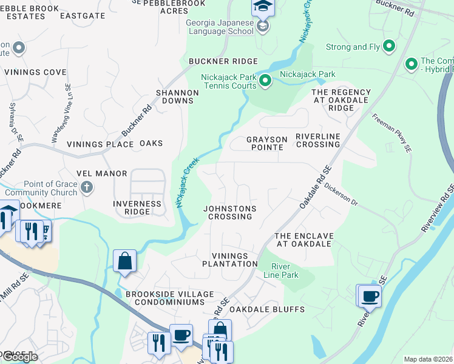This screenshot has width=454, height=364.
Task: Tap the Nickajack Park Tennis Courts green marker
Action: [x=265, y=80]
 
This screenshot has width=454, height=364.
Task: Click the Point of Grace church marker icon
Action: [x=87, y=187]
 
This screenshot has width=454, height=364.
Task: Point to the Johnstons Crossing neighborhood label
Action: [x=229, y=212]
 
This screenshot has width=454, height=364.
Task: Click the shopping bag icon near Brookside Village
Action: [x=124, y=261]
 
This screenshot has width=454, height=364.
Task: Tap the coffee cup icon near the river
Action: [x=370, y=296]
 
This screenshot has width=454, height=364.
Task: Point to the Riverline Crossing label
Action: [x=317, y=141]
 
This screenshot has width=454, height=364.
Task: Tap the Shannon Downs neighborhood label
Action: [x=177, y=96]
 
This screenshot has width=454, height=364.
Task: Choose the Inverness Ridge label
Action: [x=137, y=207]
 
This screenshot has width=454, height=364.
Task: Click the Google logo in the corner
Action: [x=19, y=357]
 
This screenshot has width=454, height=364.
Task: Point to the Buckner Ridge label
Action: [x=223, y=61]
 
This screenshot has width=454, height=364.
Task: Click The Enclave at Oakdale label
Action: [x=303, y=240]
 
